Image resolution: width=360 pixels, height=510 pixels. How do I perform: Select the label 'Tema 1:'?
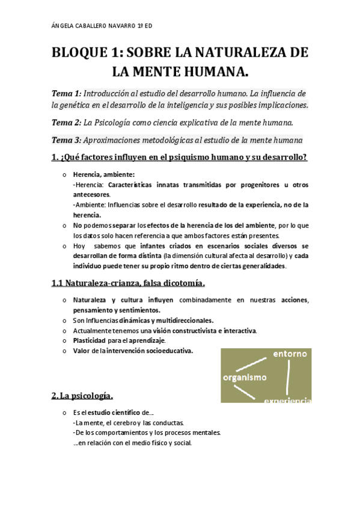[x=66, y=94]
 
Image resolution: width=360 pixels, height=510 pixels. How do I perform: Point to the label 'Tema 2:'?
[x=66, y=123]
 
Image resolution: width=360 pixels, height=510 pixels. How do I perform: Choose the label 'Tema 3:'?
[x=66, y=140]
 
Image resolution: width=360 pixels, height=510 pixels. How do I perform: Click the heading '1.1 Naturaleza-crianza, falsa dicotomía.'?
[x=128, y=283]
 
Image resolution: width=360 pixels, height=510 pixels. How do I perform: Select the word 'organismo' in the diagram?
[x=244, y=377]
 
